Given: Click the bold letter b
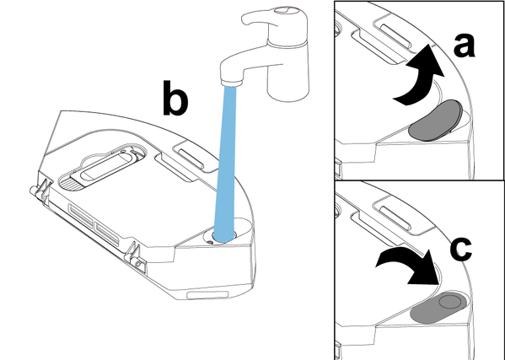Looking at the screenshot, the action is point(175,98).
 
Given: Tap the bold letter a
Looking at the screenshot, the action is point(464,46).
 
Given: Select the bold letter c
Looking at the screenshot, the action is point(461,249).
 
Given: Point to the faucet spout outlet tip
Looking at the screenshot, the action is point(232,83).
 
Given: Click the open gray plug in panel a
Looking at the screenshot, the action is point(435,121).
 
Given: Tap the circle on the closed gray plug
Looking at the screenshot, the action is point(450,302).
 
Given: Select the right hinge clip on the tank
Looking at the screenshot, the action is point(135,256).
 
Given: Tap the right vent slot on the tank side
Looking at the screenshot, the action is point(107,234).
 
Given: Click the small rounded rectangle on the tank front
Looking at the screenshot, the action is point(207,294).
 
